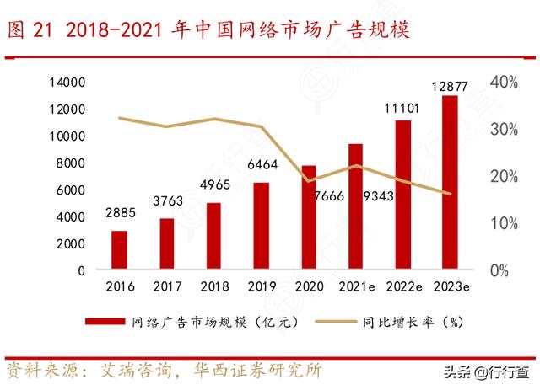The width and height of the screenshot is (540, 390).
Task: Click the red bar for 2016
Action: (x=120, y=250)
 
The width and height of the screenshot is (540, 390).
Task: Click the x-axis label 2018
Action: (x=214, y=286)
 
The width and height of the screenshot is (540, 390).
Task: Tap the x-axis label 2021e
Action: (x=355, y=286)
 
